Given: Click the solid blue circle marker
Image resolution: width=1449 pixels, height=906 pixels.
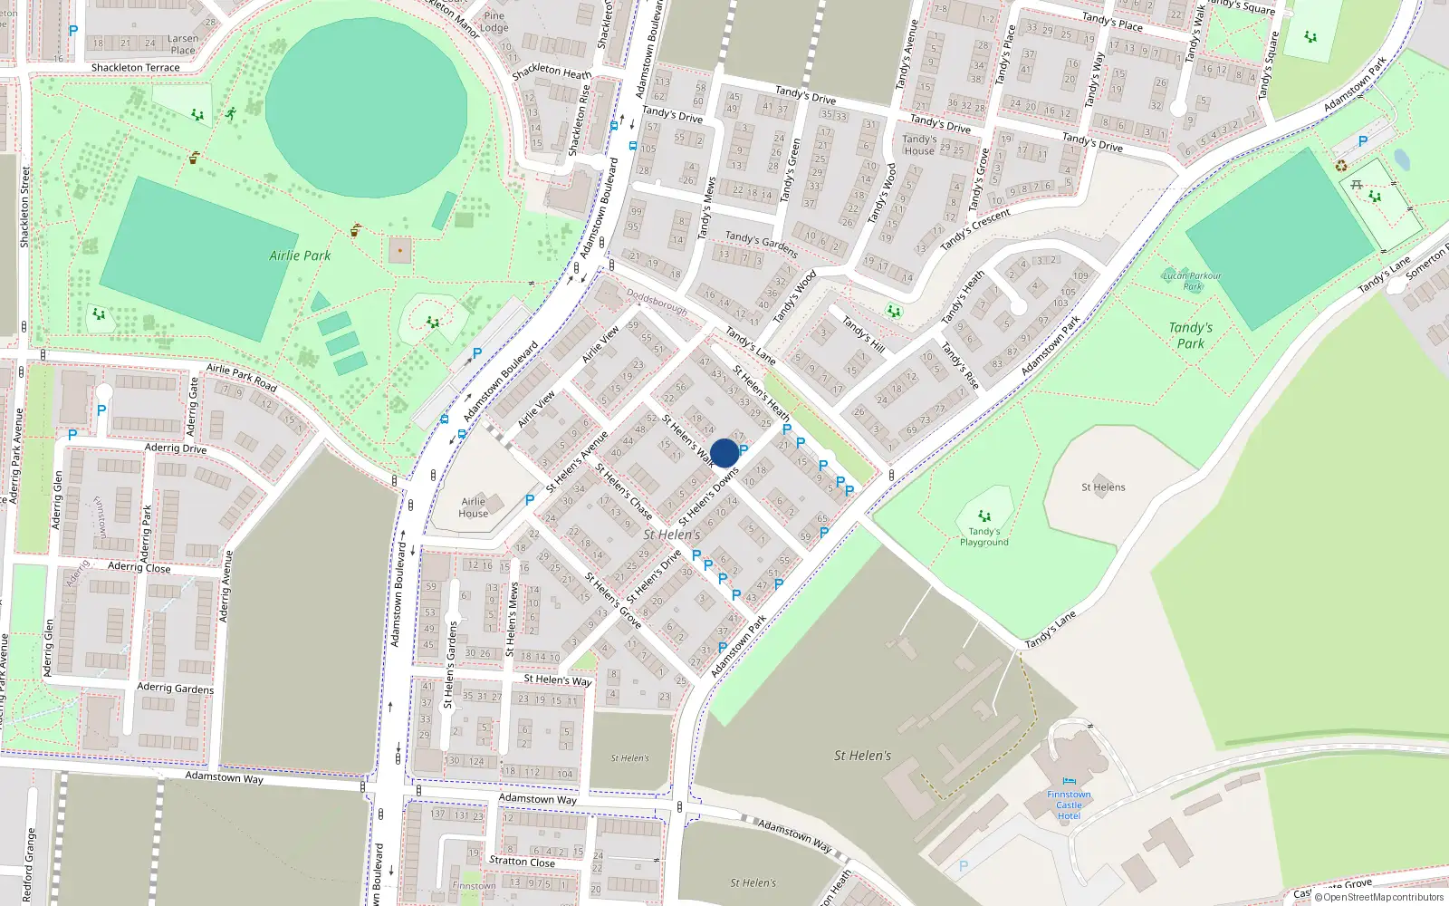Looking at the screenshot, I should click(x=724, y=453).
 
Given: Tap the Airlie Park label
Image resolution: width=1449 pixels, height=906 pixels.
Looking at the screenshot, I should click(x=300, y=255).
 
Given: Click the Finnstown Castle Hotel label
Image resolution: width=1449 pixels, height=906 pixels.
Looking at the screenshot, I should click(x=1069, y=805).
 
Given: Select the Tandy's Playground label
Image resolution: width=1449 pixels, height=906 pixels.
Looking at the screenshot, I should click(x=984, y=536).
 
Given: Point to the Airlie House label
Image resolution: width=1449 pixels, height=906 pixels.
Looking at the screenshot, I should click(x=474, y=507).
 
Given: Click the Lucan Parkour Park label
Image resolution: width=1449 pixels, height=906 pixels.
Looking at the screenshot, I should click(x=1193, y=281).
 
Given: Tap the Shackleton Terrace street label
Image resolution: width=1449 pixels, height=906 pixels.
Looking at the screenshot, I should click(x=135, y=68).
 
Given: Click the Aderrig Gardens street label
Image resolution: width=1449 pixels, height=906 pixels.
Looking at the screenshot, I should click(x=175, y=689).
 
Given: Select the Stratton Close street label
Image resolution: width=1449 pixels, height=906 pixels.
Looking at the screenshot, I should click(x=522, y=862).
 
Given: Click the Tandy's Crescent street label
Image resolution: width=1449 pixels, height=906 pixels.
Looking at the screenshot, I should click(x=975, y=230).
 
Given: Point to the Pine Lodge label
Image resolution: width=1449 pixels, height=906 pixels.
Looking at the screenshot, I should click(x=494, y=22).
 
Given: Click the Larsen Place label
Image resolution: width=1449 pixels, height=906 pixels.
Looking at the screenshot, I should click(x=183, y=44).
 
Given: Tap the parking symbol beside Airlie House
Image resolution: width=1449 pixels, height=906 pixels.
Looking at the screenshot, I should click(x=530, y=499).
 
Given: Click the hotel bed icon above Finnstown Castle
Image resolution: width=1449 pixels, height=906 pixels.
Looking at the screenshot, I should click(x=1070, y=781).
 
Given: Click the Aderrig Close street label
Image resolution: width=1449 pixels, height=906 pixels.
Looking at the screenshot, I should click(x=139, y=567).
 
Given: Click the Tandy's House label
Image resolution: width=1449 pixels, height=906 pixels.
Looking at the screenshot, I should click(x=919, y=145).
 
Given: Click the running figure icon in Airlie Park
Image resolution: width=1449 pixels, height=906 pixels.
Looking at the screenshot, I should click(x=231, y=113).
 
